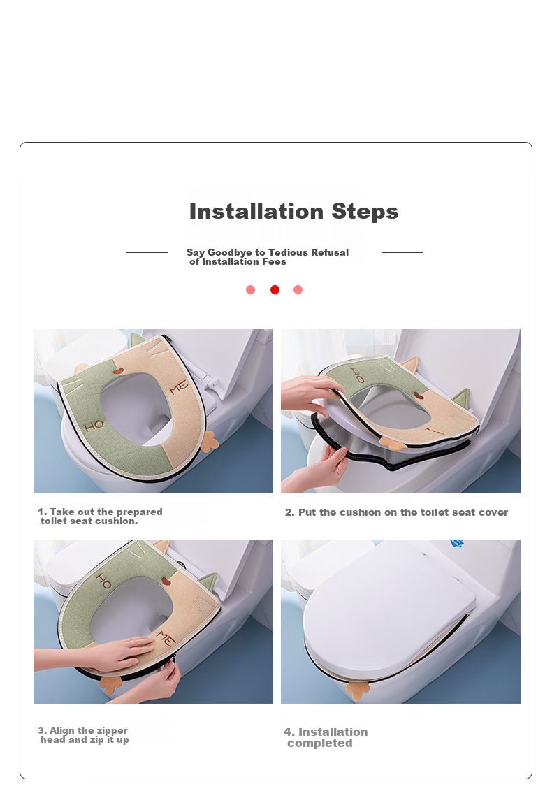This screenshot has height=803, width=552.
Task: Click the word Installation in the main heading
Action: click(x=256, y=211)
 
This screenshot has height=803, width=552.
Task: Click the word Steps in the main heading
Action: click(x=365, y=212)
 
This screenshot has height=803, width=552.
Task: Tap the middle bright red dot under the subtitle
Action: click(x=275, y=290)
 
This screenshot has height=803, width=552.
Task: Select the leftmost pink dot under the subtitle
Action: click(x=250, y=290)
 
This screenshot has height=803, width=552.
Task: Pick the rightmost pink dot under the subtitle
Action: click(x=298, y=290)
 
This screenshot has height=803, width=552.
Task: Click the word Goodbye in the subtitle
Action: click(x=230, y=252)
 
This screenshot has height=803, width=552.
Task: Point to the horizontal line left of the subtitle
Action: click(x=147, y=252)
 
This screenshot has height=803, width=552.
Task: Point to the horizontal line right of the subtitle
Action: click(x=402, y=252)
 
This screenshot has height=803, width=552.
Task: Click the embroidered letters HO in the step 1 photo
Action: click(x=94, y=425)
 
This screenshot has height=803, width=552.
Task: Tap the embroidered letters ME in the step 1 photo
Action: click(x=179, y=388)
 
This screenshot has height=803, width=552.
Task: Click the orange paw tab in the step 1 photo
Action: click(x=209, y=442)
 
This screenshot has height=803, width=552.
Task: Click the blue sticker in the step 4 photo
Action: click(x=457, y=543)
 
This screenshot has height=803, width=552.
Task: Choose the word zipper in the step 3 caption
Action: click(x=112, y=731)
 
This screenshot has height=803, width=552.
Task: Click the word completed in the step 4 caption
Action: click(x=320, y=744)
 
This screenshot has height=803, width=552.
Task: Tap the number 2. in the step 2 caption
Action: click(x=290, y=512)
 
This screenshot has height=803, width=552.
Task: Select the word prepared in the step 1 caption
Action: click(x=139, y=512)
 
